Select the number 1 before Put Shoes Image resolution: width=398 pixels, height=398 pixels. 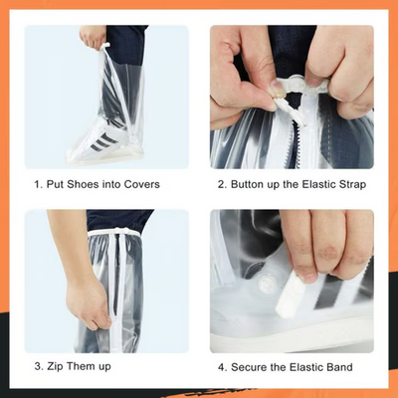[37, 184]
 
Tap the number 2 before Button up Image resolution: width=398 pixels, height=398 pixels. [222, 184]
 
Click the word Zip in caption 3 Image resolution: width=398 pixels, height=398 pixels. [59, 367]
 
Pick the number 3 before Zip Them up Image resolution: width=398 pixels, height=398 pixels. [37, 367]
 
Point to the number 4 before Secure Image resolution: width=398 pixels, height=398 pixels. [222, 367]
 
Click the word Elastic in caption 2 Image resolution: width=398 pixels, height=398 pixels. [318, 184]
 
